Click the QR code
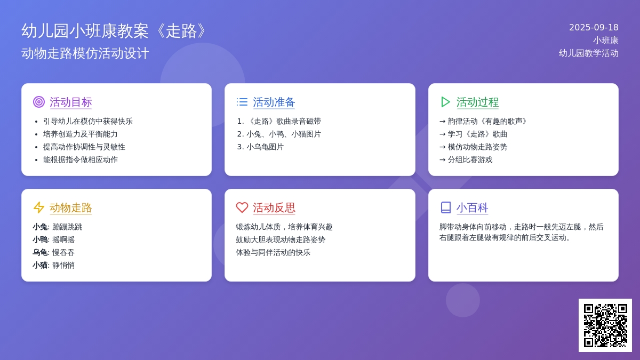tap(605, 325)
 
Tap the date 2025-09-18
tap(594, 27)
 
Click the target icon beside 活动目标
tap(39, 102)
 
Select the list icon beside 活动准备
tap(242, 102)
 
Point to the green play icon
tap(445, 102)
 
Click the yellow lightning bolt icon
tap(39, 207)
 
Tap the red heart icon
tap(242, 207)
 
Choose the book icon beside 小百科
tap(446, 207)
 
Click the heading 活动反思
tap(274, 207)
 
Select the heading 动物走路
tap(71, 207)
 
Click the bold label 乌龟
tap(40, 253)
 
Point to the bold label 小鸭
tap(40, 239)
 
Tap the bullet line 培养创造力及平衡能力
tap(81, 134)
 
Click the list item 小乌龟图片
tap(265, 147)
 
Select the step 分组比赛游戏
tap(470, 159)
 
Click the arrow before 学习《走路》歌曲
tap(443, 134)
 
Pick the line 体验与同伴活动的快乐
tap(273, 253)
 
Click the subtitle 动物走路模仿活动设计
tap(85, 54)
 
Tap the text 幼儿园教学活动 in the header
tap(589, 53)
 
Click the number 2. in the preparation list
tap(240, 134)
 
